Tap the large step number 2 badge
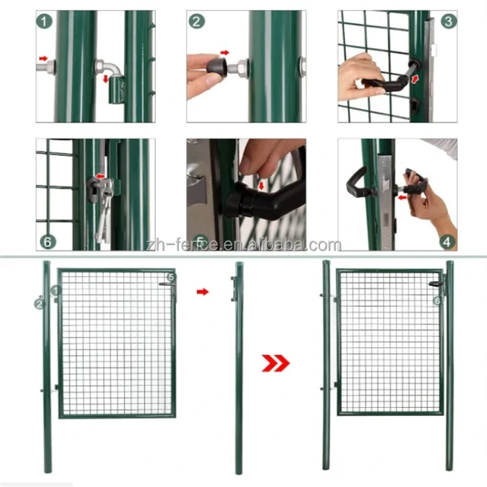(197, 22)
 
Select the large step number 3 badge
(449, 21)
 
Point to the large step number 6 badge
(46, 241)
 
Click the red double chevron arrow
(275, 362)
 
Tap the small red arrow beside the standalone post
(202, 292)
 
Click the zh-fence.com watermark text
(243, 245)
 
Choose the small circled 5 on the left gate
(173, 277)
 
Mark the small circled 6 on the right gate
(437, 301)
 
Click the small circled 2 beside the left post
(39, 303)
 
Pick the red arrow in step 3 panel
(415, 80)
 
